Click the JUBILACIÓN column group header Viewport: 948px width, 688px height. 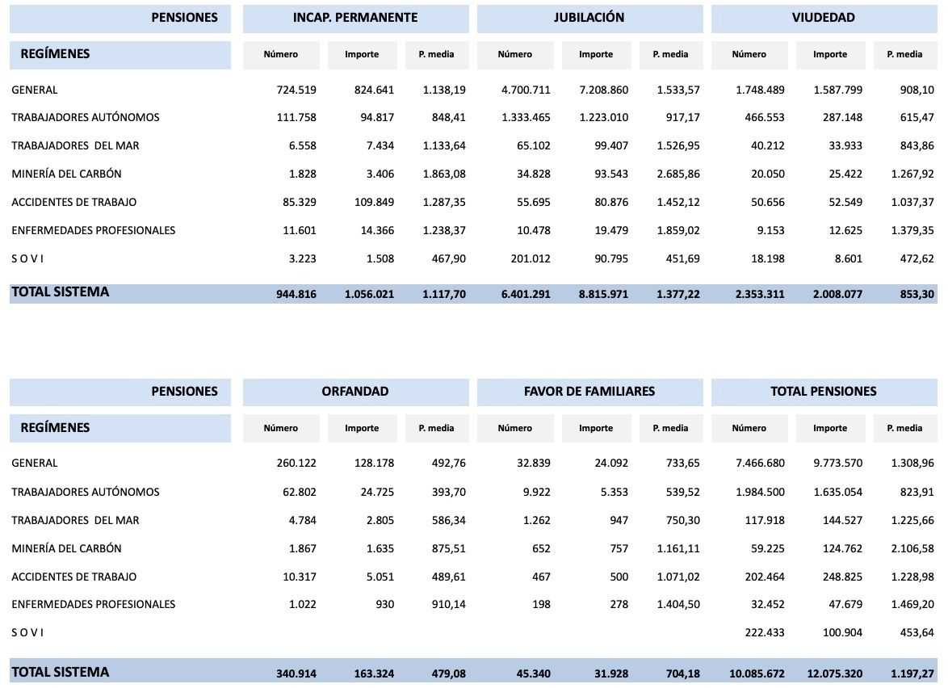tap(589, 18)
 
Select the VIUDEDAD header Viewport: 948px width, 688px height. tap(824, 18)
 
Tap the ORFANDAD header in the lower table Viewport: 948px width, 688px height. tap(355, 392)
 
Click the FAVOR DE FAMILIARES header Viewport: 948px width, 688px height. tap(589, 392)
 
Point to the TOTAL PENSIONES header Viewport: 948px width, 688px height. tap(824, 392)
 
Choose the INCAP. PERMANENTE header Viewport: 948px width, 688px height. tap(355, 18)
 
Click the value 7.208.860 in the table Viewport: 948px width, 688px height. tap(603, 90)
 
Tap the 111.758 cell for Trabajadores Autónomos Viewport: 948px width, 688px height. tap(295, 117)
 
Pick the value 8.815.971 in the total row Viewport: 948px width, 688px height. tap(603, 294)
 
